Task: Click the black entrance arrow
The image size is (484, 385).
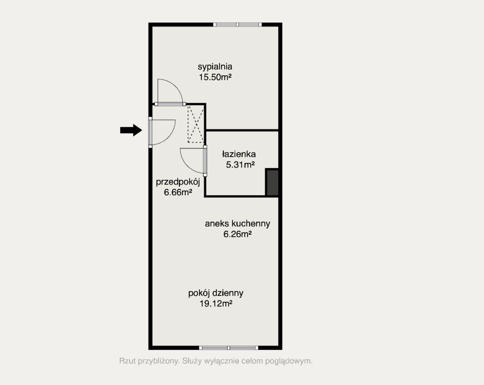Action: click(131, 130)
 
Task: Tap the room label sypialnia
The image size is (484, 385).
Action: click(215, 67)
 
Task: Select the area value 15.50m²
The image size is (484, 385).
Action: click(215, 77)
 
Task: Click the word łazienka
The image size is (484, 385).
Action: click(239, 154)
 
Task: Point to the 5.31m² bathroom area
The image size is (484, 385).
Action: click(240, 165)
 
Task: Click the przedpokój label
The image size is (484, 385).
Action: click(178, 182)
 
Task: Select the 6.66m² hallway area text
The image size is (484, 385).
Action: click(178, 192)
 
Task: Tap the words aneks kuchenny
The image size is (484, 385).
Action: click(237, 224)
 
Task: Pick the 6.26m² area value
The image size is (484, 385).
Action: click(237, 234)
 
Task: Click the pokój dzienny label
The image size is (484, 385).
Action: click(216, 293)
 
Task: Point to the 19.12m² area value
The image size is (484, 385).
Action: click(216, 304)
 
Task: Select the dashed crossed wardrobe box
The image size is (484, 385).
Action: click(195, 124)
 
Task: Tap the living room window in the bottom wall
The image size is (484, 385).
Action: click(229, 347)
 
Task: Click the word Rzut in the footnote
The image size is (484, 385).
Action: click(127, 360)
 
